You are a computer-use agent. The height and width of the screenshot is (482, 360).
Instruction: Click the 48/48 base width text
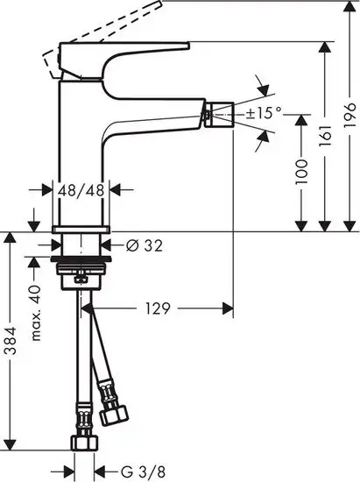(x=83, y=188)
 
